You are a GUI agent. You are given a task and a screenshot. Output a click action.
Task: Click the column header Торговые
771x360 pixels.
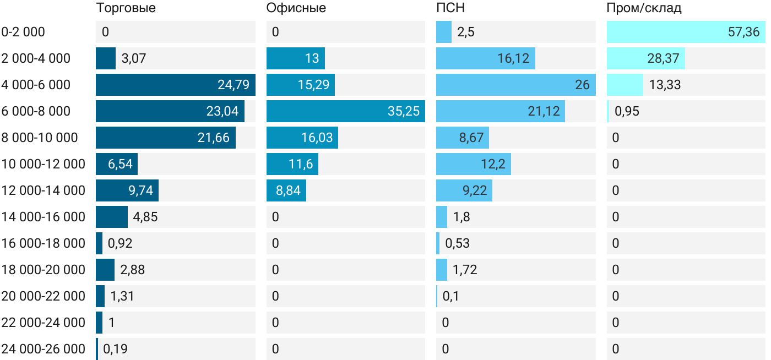click(126, 8)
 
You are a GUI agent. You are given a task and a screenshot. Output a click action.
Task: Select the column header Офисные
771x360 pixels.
click(296, 8)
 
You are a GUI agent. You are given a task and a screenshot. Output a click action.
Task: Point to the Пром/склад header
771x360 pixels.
click(644, 8)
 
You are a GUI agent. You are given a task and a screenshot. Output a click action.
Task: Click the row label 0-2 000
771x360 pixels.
click(23, 32)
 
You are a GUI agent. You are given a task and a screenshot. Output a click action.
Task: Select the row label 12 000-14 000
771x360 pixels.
click(43, 190)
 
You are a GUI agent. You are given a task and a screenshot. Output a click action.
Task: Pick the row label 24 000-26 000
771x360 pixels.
click(43, 349)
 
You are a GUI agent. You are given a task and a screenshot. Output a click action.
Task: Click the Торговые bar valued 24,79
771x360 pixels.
click(175, 85)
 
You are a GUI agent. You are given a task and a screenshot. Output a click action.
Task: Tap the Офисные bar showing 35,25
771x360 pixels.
click(345, 111)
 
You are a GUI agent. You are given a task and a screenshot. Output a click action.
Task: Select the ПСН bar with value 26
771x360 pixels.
click(515, 85)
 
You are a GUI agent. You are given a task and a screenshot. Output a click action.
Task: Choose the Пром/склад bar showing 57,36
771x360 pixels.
click(686, 32)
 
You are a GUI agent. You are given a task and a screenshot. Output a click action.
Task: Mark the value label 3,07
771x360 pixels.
click(134, 58)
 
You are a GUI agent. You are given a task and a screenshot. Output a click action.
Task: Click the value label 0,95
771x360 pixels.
click(627, 111)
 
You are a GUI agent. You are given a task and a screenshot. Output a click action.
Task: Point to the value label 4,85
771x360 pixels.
click(145, 217)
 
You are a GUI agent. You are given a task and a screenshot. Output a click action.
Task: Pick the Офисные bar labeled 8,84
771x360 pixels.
click(286, 190)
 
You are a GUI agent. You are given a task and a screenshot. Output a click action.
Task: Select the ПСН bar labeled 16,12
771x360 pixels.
click(485, 58)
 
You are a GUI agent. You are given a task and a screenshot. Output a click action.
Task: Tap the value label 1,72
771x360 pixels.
click(464, 270)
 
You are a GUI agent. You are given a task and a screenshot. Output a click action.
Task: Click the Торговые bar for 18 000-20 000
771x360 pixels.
click(105, 270)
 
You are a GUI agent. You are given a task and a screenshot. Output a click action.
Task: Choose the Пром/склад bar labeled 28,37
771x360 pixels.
click(645, 58)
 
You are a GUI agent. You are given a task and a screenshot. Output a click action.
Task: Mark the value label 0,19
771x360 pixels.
click(116, 349)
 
